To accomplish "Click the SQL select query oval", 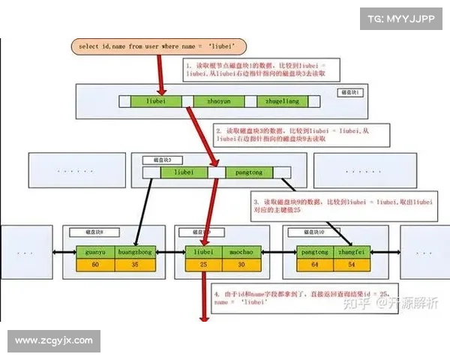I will click(x=161, y=46).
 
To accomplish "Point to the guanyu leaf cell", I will click(x=95, y=253).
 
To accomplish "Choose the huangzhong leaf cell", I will click(x=135, y=253).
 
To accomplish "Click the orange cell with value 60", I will click(x=95, y=265).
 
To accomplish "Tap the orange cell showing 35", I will click(x=135, y=265).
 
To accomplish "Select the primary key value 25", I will click(x=205, y=265).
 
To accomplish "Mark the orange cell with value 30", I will click(x=243, y=265).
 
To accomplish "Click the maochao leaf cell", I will click(x=243, y=253).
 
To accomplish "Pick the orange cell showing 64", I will click(x=314, y=265).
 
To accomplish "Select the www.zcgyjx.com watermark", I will click(x=54, y=340).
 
